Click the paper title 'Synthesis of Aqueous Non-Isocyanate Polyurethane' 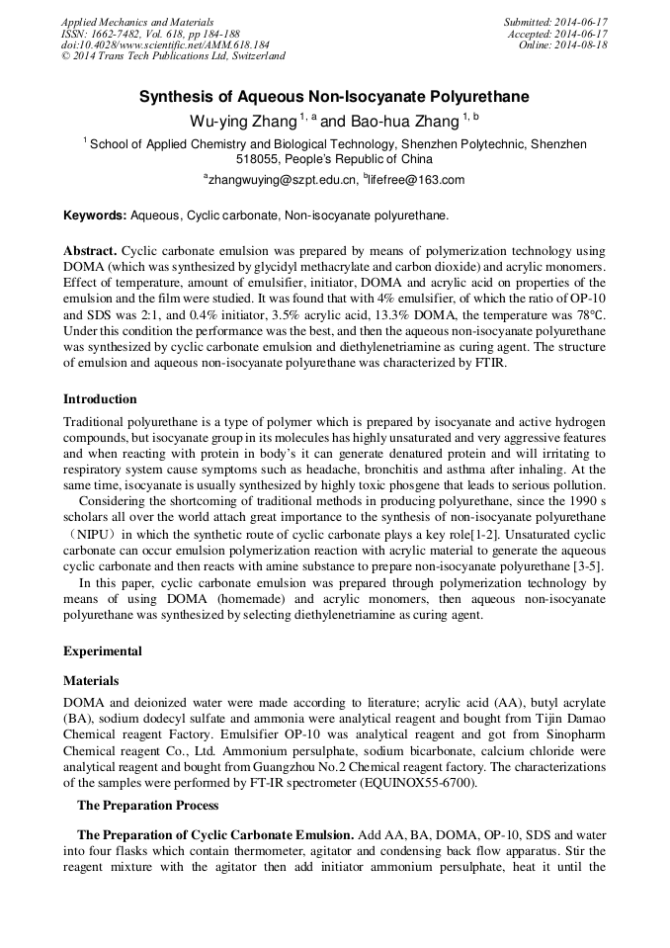coord(334,97)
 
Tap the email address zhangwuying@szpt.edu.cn coord(280,180)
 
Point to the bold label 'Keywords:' coord(95,215)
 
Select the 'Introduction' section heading coord(100,399)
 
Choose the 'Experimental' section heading coord(103,651)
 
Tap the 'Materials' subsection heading coord(91,681)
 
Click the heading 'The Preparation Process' coord(147,805)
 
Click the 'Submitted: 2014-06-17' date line coord(555,22)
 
